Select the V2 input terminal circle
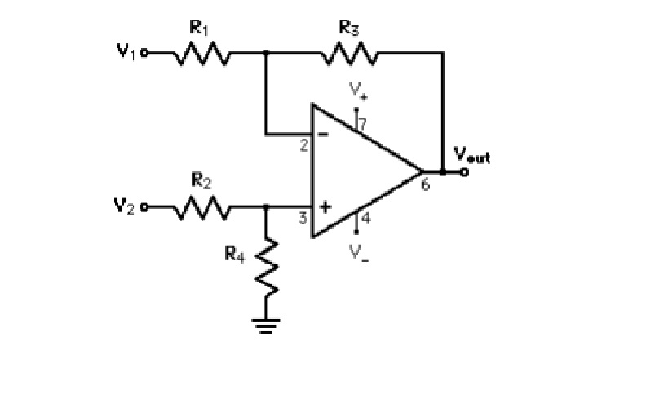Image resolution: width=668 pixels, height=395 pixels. pos(145,207)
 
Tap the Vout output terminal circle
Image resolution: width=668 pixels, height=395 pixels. pos(464,172)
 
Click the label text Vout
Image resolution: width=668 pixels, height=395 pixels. pos(471,156)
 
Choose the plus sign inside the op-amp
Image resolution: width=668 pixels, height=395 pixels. pos(324,207)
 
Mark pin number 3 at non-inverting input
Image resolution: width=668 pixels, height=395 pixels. pos(302,219)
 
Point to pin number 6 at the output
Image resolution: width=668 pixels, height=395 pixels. pos(425,185)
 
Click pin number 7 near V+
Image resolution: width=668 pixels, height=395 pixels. pos(363,123)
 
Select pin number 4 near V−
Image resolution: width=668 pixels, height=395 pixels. pos(365,218)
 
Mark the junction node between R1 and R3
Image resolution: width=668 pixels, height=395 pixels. pos(266,54)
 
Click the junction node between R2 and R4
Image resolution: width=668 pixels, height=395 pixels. pos(266,207)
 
